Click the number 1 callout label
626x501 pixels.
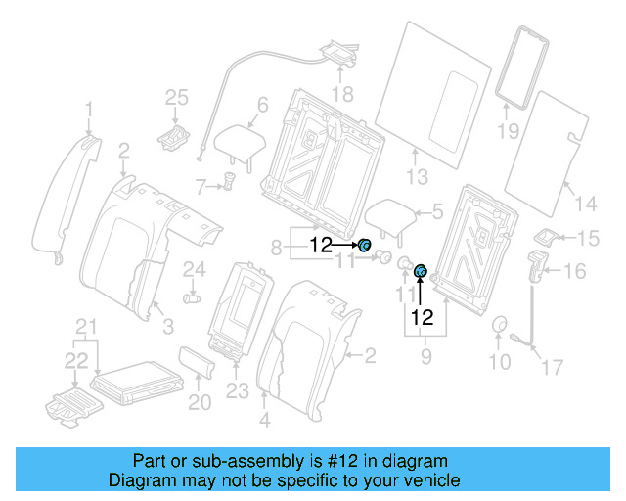click(89, 109)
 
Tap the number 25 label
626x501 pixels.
click(175, 97)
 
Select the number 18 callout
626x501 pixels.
click(340, 94)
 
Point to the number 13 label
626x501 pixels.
click(418, 177)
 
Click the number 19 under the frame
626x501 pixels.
click(507, 130)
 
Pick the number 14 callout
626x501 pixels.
click(584, 204)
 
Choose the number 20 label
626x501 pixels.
click(199, 401)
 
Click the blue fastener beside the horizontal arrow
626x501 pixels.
click(365, 246)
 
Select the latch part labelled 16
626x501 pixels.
click(537, 265)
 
